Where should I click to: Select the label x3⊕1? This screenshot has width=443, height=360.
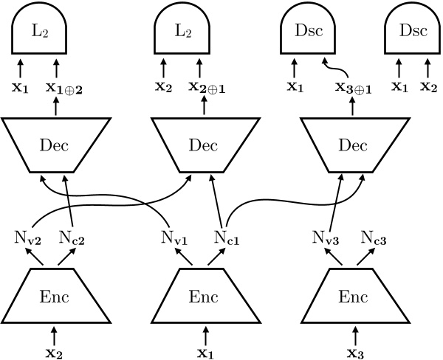point(352,87)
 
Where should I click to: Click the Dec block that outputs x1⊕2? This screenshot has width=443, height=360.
point(55,145)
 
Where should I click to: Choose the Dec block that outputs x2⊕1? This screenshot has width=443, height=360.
point(203,145)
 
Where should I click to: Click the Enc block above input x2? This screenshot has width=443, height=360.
point(58,295)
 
